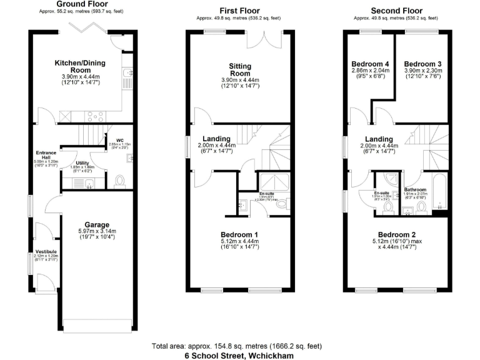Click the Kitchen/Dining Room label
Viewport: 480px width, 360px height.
coord(81,67)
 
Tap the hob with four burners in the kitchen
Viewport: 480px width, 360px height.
coord(65,115)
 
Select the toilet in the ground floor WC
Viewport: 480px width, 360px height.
coord(121,181)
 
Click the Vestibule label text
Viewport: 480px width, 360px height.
coord(46,252)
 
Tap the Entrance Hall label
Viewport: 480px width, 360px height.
coord(46,156)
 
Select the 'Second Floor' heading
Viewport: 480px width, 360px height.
coord(396,11)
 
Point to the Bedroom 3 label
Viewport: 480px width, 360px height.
coord(422,64)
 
